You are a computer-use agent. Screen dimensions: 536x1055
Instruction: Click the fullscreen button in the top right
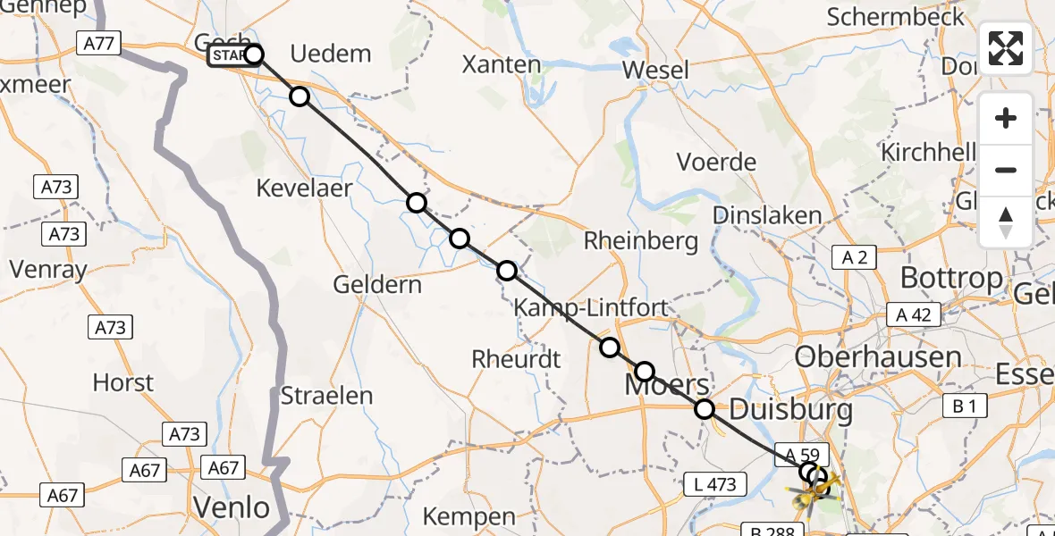point(1006,47)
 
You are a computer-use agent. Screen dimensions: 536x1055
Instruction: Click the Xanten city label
point(502,64)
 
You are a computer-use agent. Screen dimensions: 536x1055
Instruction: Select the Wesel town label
point(655,70)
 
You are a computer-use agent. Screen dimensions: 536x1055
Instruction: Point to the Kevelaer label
point(304,188)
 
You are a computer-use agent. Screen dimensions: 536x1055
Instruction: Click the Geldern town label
point(377,285)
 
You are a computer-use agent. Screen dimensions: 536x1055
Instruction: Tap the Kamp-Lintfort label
point(590,308)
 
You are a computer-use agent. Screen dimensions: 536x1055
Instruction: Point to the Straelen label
point(326,396)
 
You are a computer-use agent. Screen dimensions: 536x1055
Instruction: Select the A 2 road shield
point(855,258)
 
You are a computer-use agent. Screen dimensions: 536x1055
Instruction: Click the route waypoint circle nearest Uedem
point(300,96)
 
